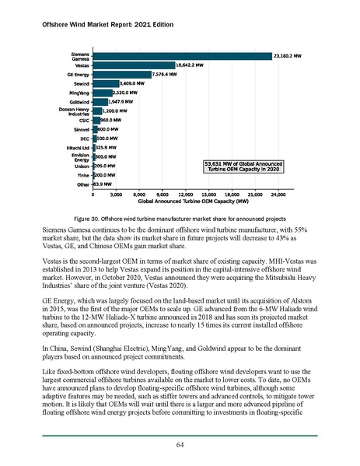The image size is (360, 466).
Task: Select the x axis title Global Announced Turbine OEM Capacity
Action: tap(184, 201)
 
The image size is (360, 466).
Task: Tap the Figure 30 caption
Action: tap(180, 219)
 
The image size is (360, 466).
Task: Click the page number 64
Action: tap(180, 443)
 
